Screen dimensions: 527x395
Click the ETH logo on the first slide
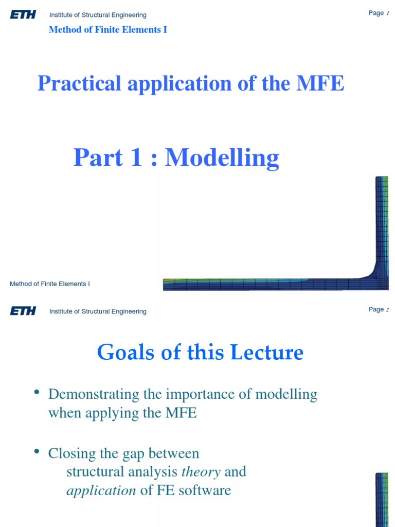23,14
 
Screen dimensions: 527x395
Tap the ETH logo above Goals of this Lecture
23,311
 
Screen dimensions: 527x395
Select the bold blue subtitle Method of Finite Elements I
107,30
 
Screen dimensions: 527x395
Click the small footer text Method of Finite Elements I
50,284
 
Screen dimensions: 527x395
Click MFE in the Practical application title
319,83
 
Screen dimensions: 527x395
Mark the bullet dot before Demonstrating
37,393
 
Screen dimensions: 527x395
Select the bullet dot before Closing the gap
37,452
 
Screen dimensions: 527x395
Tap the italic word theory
201,471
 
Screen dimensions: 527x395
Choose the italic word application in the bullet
101,490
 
